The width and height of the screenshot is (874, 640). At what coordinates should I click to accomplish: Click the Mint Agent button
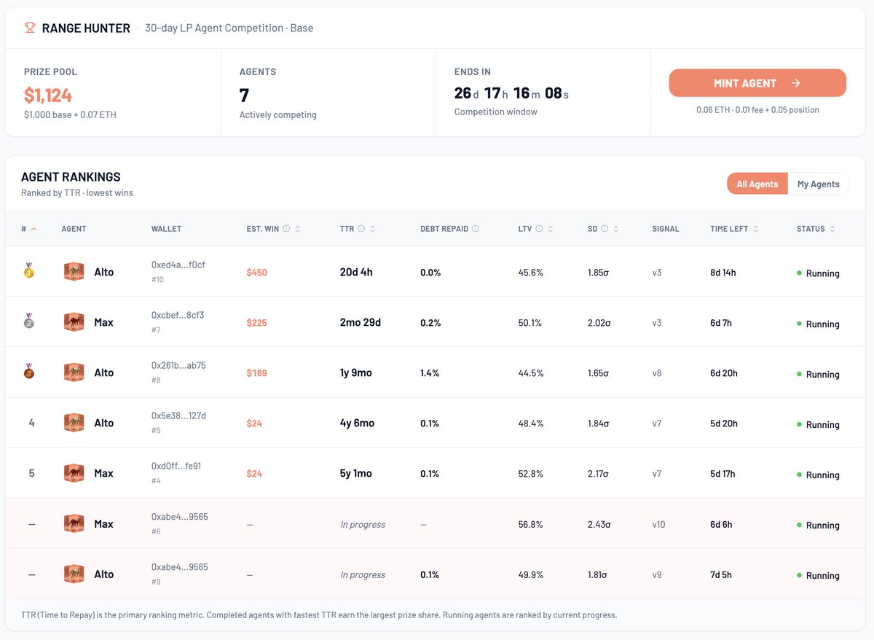click(x=757, y=83)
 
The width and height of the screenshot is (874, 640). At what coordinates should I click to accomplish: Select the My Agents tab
click(x=818, y=184)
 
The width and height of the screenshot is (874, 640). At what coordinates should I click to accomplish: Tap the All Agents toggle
click(x=757, y=184)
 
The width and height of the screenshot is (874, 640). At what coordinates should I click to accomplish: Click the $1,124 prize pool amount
click(x=48, y=95)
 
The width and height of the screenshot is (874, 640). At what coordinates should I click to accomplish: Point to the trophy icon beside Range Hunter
click(x=30, y=28)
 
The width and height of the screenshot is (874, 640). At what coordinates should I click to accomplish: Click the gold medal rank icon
click(x=29, y=270)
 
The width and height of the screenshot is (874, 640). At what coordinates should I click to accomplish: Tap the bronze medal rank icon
click(x=29, y=371)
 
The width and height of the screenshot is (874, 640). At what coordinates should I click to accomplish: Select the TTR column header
click(x=347, y=229)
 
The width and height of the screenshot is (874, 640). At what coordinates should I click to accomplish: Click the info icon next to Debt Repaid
click(x=475, y=228)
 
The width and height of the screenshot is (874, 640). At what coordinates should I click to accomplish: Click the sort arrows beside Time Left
click(x=755, y=229)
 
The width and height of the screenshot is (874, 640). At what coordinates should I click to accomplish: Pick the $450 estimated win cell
click(x=256, y=273)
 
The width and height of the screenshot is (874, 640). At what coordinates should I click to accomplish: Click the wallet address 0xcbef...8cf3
click(x=178, y=315)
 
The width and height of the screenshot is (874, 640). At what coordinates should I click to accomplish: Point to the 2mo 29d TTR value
click(x=360, y=322)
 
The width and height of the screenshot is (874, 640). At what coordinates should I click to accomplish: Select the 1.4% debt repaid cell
click(x=430, y=373)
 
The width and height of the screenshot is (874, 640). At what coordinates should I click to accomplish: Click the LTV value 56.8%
click(x=530, y=524)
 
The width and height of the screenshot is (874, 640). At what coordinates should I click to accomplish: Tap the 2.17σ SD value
click(x=599, y=474)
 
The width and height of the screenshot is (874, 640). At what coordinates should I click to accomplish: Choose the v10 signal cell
click(x=658, y=524)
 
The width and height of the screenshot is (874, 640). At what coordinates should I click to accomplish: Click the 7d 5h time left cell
click(x=720, y=575)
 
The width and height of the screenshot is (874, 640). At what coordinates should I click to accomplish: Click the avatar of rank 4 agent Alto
click(x=74, y=423)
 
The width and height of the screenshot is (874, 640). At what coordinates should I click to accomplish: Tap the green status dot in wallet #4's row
click(x=799, y=475)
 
